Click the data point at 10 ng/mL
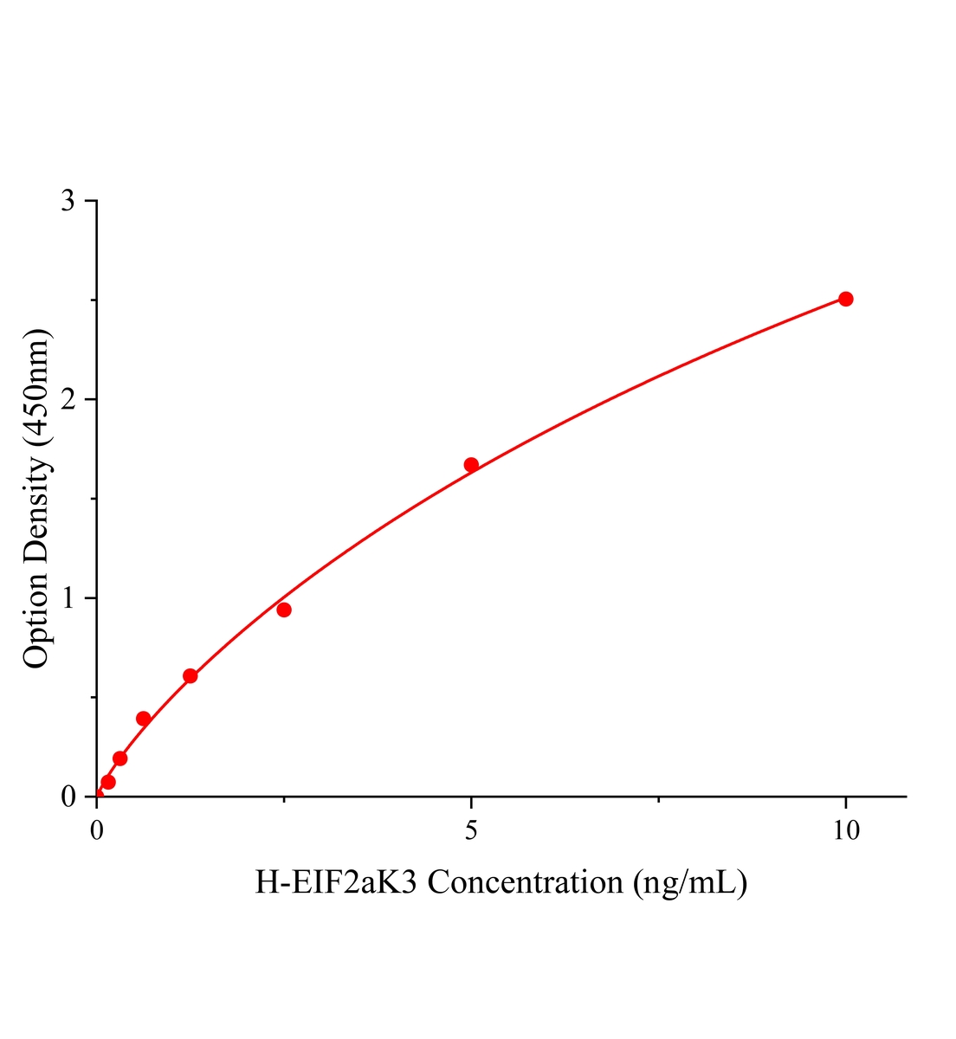pos(846,299)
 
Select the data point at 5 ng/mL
pos(471,465)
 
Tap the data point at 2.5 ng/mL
pos(284,610)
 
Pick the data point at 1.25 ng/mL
pos(191,676)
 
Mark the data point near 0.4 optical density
pos(144,719)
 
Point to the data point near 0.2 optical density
pos(120,758)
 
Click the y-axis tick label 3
pos(68,201)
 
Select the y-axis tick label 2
pos(68,399)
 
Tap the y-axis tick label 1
pos(68,598)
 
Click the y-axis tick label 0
pos(68,797)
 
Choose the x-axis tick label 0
pos(97,831)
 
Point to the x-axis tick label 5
pos(471,831)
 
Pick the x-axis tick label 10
pos(846,831)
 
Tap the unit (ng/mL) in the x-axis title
pos(690,882)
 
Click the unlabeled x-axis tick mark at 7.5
pos(659,800)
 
